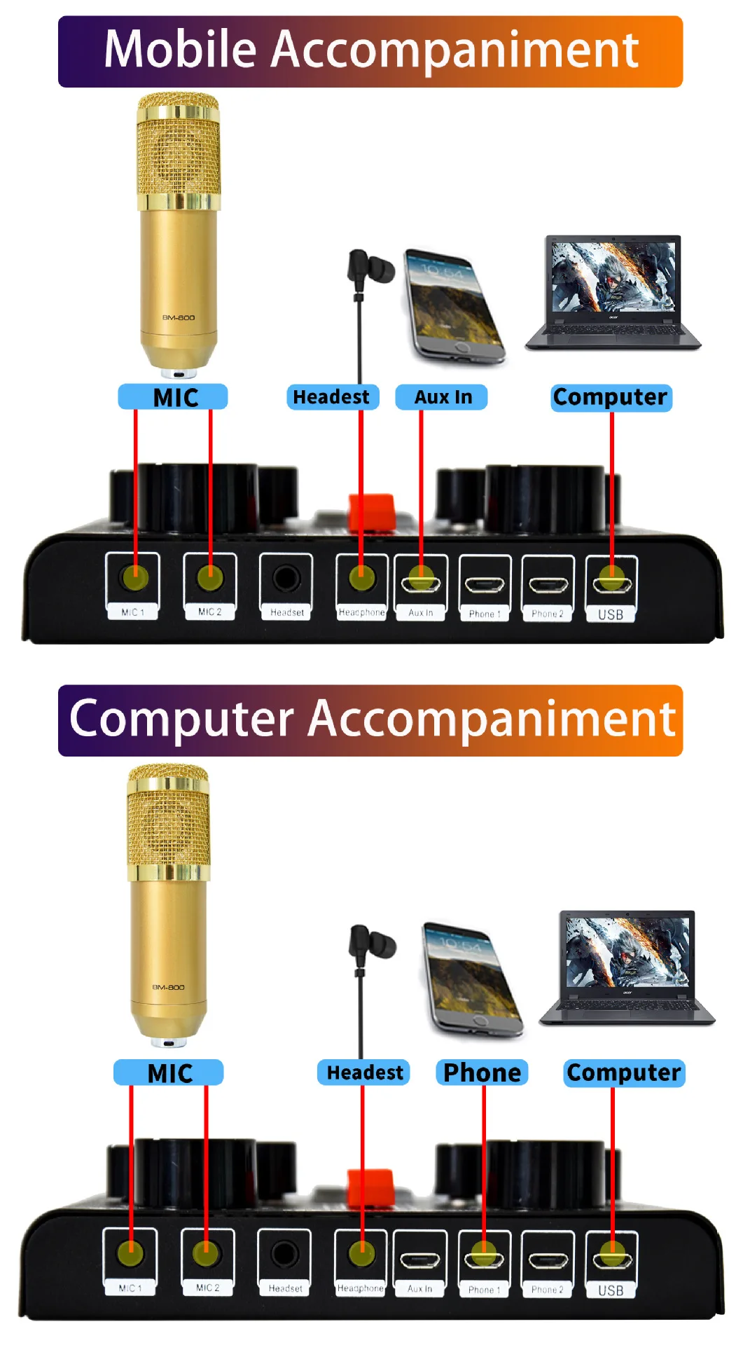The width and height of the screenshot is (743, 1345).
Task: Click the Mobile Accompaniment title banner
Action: (x=370, y=51)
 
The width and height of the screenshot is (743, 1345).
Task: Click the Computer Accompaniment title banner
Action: (x=370, y=720)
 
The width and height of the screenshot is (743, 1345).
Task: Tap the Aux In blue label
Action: (x=442, y=397)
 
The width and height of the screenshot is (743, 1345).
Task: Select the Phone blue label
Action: (x=482, y=1072)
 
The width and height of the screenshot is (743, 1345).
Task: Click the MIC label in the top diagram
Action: (x=173, y=397)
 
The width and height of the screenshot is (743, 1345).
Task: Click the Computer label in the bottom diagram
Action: (x=623, y=1072)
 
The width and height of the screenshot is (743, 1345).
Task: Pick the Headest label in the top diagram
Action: (x=332, y=397)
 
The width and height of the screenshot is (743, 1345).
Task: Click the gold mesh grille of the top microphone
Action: (x=178, y=154)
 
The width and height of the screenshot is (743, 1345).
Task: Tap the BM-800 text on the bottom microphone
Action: (x=168, y=987)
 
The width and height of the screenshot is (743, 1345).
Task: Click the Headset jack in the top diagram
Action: (x=286, y=579)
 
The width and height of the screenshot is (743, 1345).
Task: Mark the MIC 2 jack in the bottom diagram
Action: (x=207, y=1255)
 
